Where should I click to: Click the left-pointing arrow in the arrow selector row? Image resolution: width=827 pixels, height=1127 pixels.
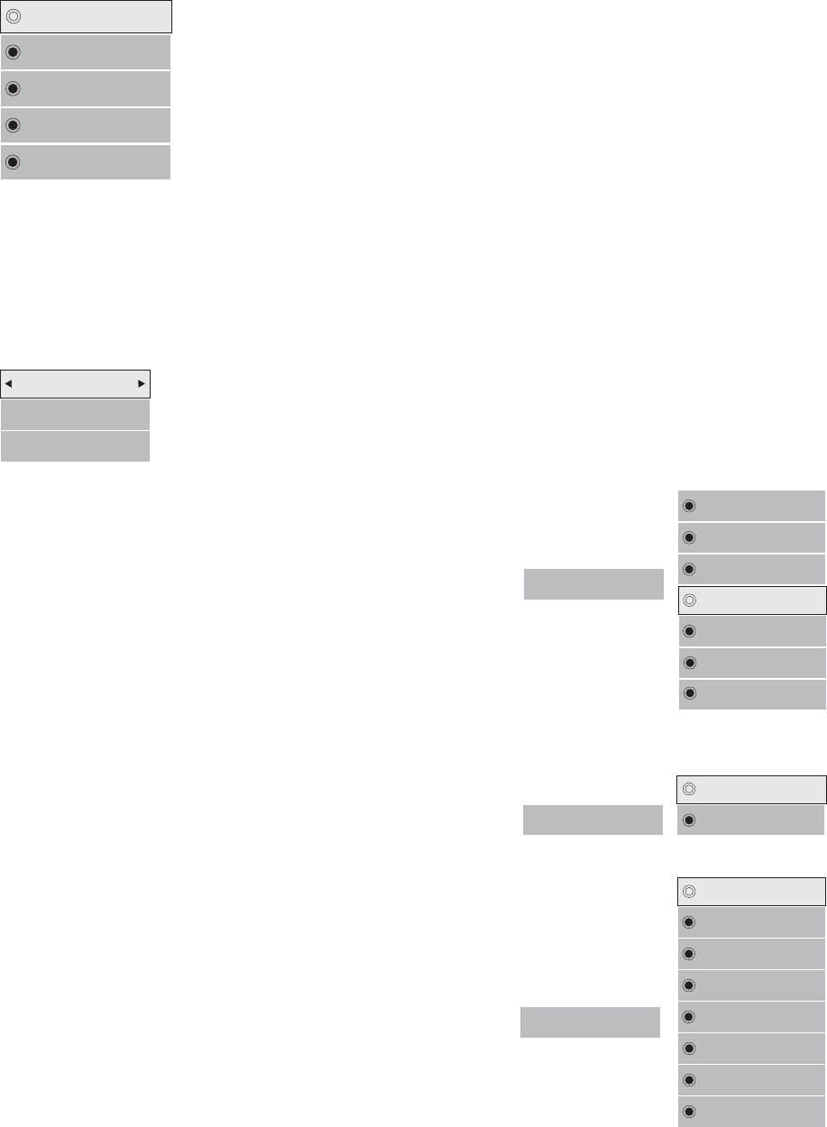tap(9, 383)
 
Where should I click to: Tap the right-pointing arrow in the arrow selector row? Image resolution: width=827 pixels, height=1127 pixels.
tap(142, 383)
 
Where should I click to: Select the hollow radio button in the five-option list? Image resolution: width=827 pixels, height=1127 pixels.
tap(13, 16)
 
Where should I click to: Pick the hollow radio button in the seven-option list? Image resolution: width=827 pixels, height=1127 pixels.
tap(689, 600)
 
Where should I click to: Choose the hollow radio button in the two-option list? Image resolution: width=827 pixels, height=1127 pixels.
tap(689, 788)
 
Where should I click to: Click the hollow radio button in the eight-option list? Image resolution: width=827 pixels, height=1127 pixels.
tap(689, 891)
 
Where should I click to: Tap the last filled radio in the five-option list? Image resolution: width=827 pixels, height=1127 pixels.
tap(13, 162)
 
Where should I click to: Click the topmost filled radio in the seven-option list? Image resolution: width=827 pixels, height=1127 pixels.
tap(689, 506)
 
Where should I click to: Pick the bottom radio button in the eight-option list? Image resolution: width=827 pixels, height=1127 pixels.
tap(689, 1111)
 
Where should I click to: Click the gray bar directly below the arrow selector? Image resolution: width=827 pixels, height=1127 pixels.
tap(75, 415)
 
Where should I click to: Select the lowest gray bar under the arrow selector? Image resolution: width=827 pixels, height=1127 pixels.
tap(75, 446)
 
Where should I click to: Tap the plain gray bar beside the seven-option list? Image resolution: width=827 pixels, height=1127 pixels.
tap(593, 584)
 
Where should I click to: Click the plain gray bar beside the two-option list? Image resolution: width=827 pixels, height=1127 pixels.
tap(593, 819)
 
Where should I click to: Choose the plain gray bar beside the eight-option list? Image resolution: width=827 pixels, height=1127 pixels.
tap(591, 1022)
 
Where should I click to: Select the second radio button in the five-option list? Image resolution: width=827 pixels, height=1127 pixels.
tap(13, 52)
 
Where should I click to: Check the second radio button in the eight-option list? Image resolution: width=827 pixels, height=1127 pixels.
tap(689, 922)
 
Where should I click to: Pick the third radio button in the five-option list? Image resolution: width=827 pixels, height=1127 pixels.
tap(13, 89)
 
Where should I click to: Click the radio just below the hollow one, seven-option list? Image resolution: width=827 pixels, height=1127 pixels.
tap(689, 631)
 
